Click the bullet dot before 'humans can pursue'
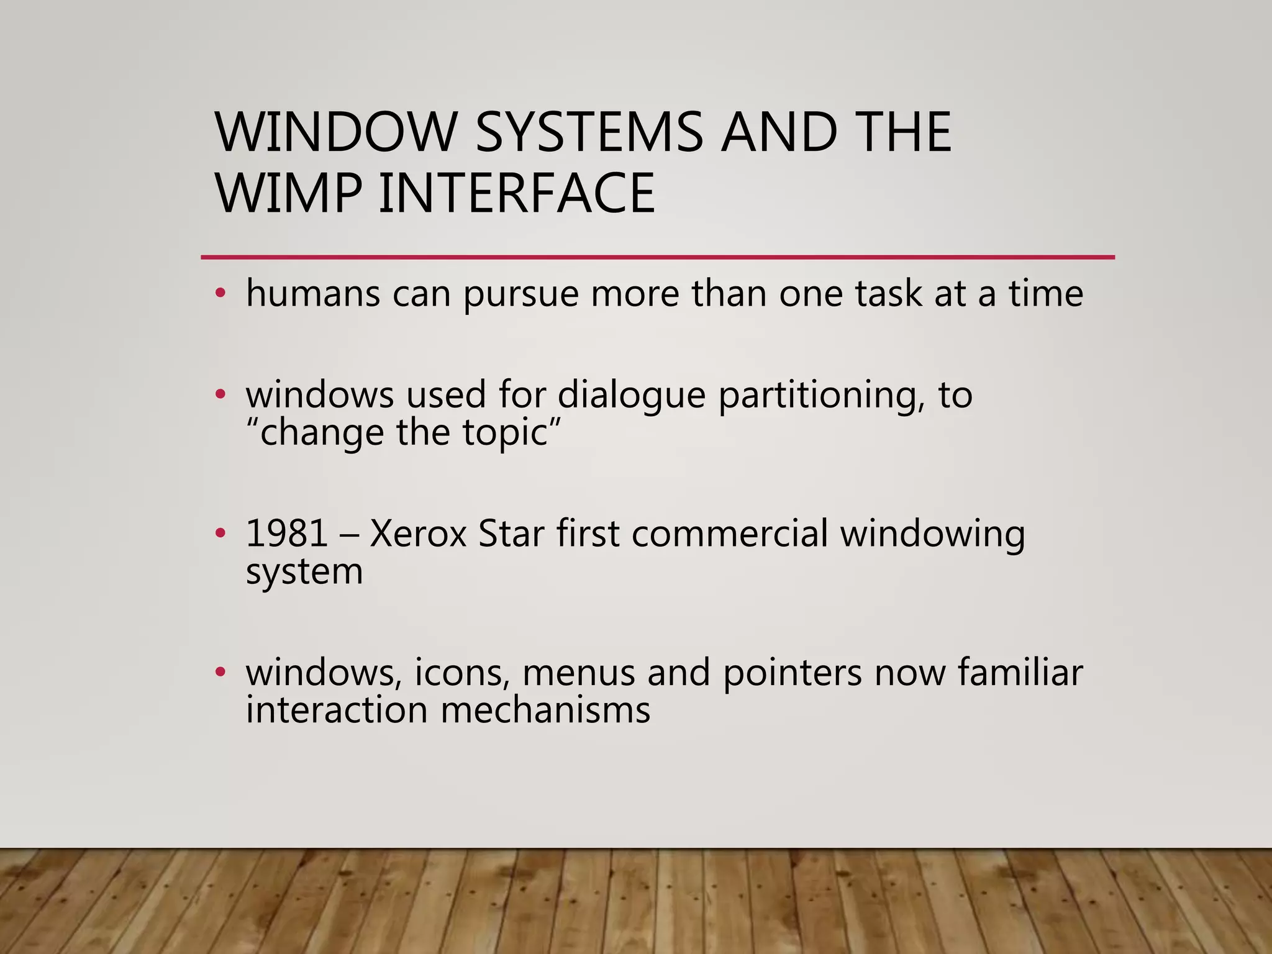coord(219,293)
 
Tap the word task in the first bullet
coord(888,293)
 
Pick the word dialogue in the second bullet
coord(632,395)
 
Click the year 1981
coord(286,533)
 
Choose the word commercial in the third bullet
coord(730,533)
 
